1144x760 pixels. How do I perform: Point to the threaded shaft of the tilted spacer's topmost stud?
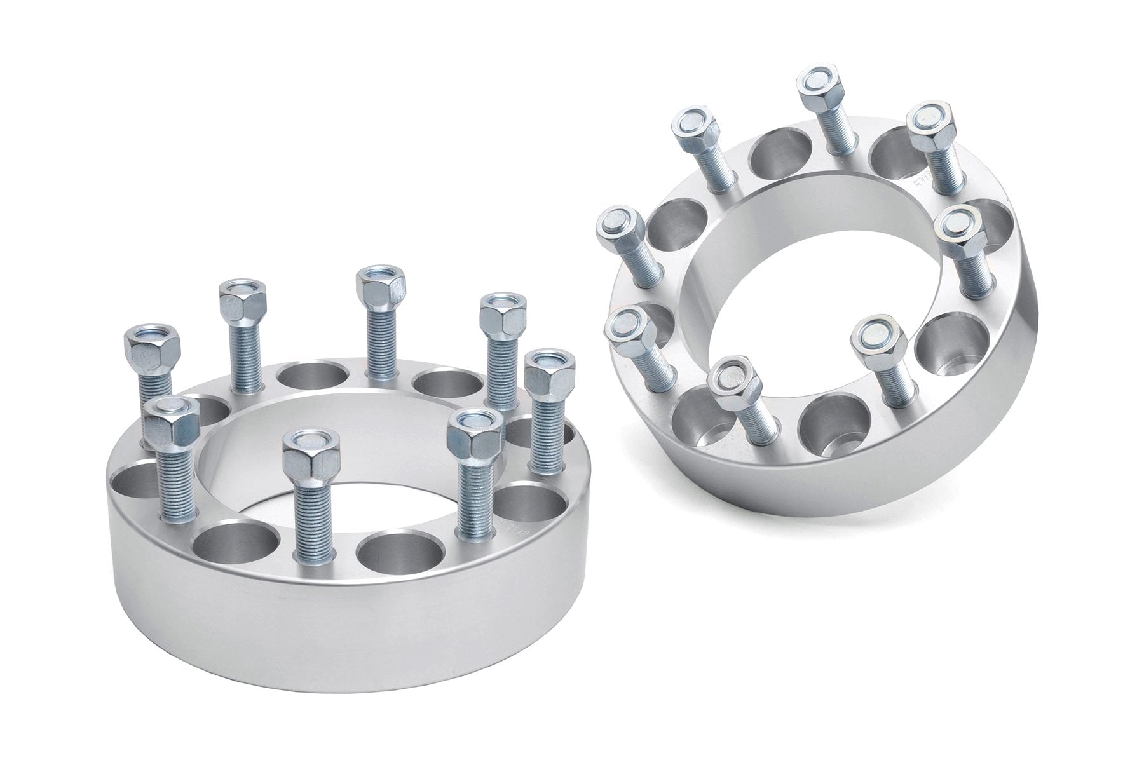pyautogui.click(x=833, y=137)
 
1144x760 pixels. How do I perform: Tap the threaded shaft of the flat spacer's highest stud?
pyautogui.click(x=380, y=343)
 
